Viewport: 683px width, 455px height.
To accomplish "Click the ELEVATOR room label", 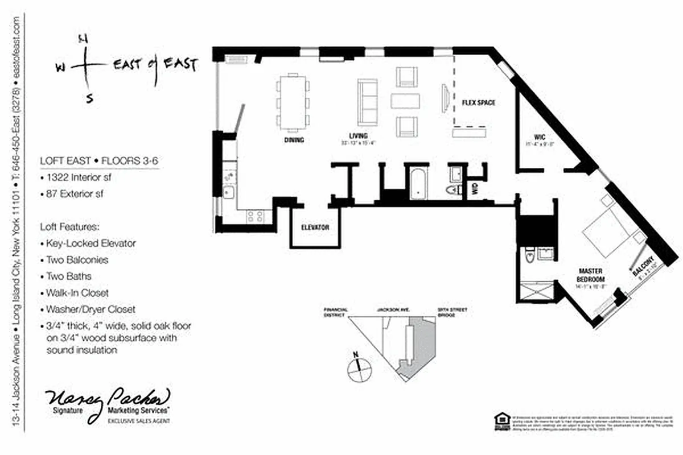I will coord(315,227).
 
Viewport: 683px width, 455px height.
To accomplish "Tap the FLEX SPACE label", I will coord(478,103).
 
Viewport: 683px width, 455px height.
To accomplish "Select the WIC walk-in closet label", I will coord(540,136).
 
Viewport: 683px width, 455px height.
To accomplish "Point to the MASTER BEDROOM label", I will coord(591,275).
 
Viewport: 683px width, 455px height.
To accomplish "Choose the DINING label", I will coord(293,140).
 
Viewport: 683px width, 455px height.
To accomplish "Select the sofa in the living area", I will coord(367,102).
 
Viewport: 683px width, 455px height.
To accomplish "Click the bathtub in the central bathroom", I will coord(418,183).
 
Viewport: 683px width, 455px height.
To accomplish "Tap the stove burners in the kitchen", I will coord(254,216).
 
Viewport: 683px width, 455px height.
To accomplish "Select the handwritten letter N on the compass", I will coord(83,39).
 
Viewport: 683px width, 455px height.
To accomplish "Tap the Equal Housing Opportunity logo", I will coord(500,421).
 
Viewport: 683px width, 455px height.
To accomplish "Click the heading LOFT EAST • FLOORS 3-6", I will coord(98,161).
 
